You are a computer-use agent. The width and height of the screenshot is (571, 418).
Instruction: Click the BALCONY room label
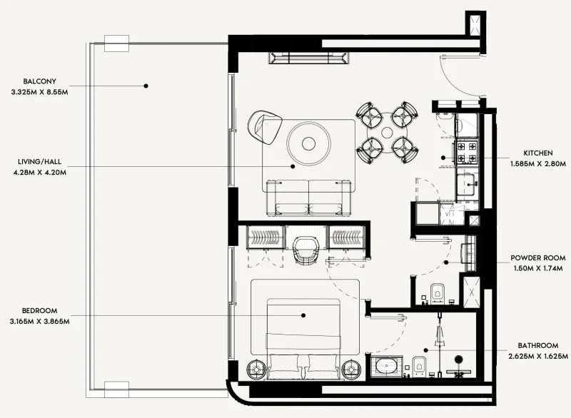[39, 81]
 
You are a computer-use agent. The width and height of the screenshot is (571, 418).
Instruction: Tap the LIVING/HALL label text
[41, 161]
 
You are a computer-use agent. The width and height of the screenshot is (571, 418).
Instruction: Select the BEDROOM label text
[40, 311]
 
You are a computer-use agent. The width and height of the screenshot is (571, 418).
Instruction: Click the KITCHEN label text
[538, 153]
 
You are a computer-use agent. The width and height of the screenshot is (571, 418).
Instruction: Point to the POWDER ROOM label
[540, 258]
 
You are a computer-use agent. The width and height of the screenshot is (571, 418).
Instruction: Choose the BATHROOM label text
[540, 345]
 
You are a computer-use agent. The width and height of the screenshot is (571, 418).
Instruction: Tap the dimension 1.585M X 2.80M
[538, 164]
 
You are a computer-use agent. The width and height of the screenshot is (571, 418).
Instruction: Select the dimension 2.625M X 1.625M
[540, 355]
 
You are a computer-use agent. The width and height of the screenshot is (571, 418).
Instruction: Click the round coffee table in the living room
[309, 143]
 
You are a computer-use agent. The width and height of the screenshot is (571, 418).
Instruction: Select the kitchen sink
[468, 183]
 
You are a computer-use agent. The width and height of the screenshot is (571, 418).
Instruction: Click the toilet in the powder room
[438, 291]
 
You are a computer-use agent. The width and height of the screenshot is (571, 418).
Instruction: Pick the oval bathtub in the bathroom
[387, 368]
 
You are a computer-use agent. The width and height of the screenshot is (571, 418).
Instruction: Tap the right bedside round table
[350, 369]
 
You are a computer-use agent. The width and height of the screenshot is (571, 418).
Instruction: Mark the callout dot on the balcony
[146, 86]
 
